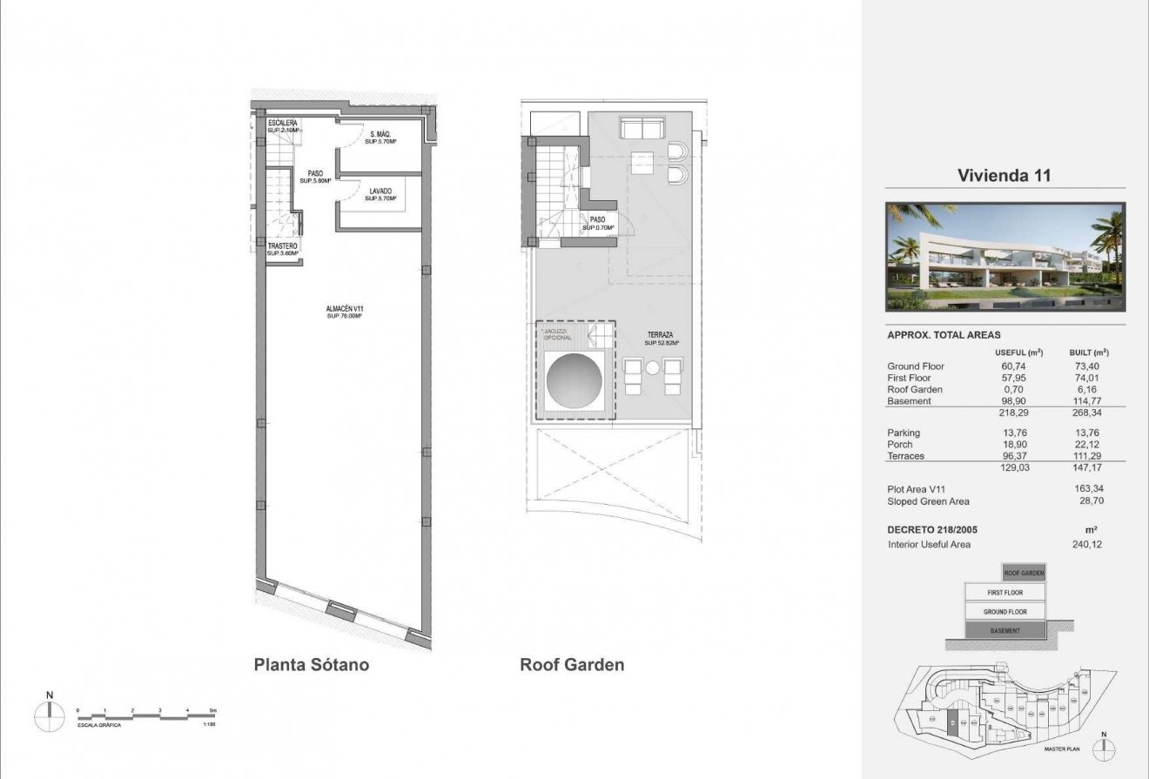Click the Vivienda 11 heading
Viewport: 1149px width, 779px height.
(x=1004, y=175)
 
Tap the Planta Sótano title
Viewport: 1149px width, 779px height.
(x=311, y=665)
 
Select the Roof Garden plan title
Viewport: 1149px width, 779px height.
(x=572, y=665)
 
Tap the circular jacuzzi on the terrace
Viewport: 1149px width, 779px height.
(x=572, y=380)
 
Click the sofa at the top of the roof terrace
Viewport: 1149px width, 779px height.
(x=642, y=128)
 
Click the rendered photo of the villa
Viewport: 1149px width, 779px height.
(x=1005, y=257)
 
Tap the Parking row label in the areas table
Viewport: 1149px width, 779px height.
(x=903, y=433)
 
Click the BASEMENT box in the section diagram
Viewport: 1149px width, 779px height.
(x=1005, y=630)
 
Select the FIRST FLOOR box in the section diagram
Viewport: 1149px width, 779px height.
(x=1005, y=592)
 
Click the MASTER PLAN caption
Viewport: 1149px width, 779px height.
(x=1060, y=748)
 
